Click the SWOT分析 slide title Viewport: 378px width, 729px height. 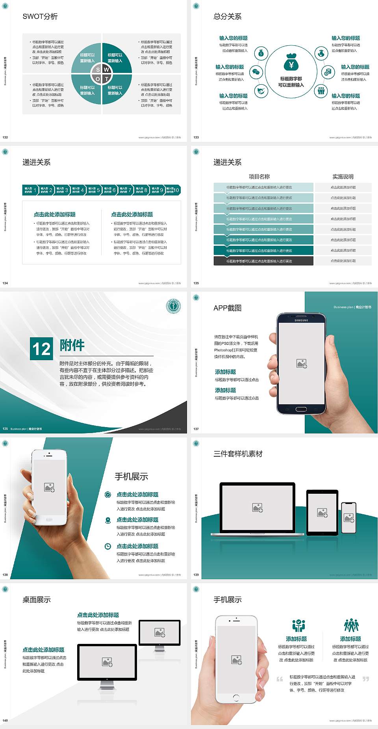40,17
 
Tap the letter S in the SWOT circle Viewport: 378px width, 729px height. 98,70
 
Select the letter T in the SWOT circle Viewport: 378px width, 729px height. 107,79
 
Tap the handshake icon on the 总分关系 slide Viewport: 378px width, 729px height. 261,91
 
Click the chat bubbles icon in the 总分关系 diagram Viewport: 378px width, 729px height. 256,72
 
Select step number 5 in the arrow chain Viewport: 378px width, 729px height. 98,190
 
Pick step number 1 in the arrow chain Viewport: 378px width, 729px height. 35,190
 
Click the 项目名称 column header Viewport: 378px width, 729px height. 259,177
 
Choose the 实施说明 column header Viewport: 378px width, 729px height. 343,177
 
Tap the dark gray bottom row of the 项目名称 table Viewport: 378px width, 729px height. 263,261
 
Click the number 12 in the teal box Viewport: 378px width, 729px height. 41,349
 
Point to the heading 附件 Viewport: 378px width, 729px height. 72,345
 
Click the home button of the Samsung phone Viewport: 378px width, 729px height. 301,409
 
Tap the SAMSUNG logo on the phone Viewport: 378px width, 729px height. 301,320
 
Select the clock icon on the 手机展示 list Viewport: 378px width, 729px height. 108,546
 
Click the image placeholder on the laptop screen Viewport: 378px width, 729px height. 258,508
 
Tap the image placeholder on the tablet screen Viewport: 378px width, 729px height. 322,513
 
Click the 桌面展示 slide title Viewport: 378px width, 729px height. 37,600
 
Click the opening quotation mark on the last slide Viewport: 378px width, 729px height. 280,679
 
